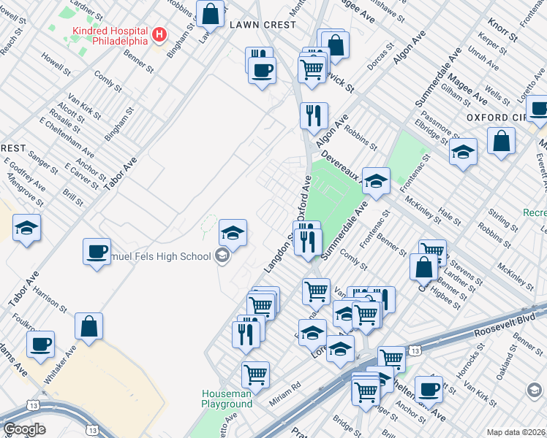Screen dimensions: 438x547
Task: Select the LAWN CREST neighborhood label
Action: (263, 25)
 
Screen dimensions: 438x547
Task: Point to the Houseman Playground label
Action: (227, 399)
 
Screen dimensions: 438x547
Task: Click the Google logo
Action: (24, 429)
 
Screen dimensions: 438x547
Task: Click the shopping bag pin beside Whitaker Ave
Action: (88, 326)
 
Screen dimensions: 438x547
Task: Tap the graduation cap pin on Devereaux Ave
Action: (376, 181)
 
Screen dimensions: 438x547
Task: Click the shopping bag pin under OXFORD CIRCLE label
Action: (501, 140)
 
